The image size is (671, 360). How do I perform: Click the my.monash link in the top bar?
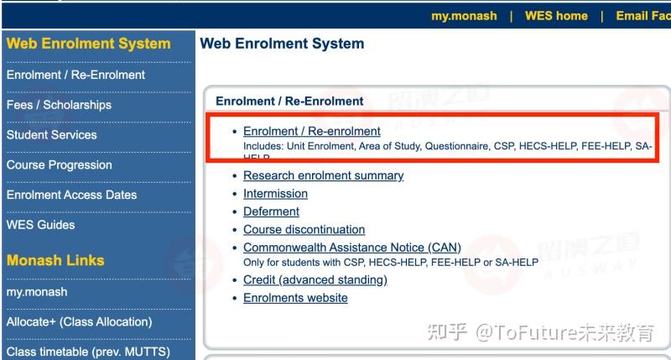(x=464, y=16)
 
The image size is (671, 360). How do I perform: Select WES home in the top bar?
(x=556, y=16)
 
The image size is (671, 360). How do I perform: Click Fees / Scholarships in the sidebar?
(x=59, y=105)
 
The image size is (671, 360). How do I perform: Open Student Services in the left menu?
(x=51, y=135)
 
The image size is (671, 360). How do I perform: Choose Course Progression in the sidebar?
(x=59, y=165)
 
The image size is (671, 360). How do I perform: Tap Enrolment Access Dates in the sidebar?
(x=71, y=195)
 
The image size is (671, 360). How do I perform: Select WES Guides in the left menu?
(x=40, y=225)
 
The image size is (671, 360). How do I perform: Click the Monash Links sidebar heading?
(x=55, y=260)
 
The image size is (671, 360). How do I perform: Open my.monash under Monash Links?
(x=37, y=292)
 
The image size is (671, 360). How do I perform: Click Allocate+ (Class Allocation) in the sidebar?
(x=79, y=321)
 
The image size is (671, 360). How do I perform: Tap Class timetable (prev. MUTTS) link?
(x=88, y=352)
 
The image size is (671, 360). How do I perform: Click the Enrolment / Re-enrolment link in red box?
(x=311, y=132)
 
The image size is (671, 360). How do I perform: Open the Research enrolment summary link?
(x=323, y=175)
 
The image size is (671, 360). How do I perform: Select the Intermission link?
(x=275, y=194)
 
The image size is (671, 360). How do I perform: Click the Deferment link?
(x=271, y=211)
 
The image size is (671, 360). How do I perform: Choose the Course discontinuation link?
(x=304, y=229)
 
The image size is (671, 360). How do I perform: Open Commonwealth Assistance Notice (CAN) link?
(x=351, y=248)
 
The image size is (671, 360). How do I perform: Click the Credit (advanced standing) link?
(x=315, y=279)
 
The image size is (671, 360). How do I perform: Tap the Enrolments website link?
(x=295, y=298)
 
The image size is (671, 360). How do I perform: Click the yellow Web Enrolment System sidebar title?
(x=88, y=44)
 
